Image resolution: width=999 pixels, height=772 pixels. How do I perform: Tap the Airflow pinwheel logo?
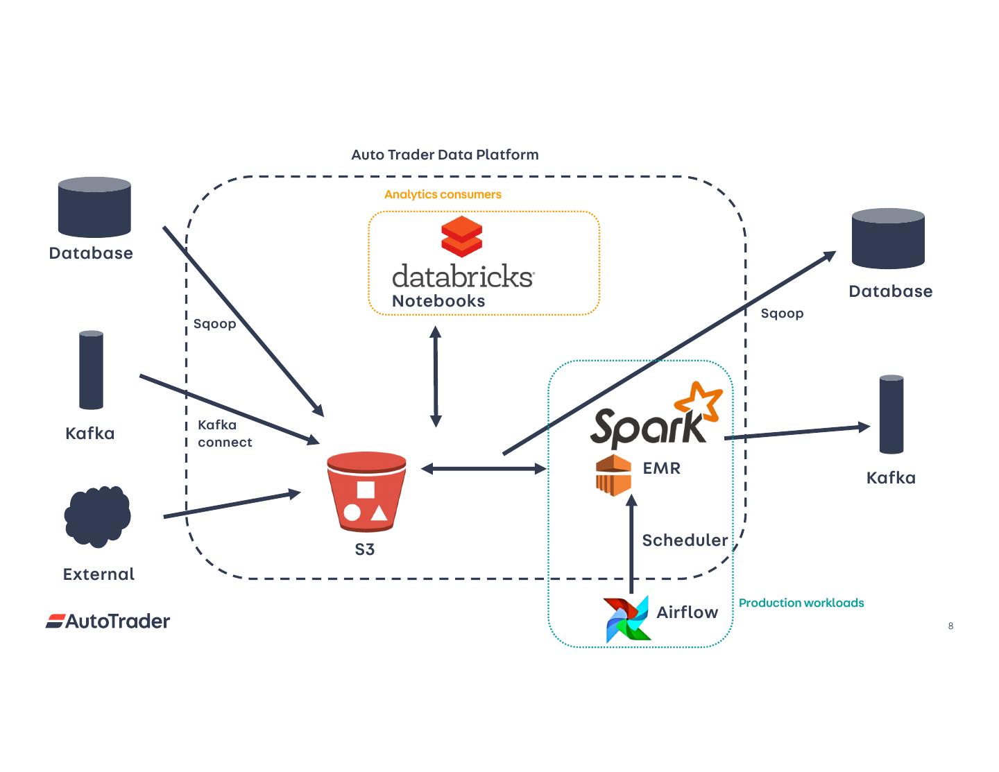[627, 619]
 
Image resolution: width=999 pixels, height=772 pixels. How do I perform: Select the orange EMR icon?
[613, 475]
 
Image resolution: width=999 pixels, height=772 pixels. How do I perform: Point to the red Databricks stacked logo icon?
[461, 236]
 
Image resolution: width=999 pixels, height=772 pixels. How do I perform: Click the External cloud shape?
[97, 516]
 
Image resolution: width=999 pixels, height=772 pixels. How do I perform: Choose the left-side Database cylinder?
[94, 207]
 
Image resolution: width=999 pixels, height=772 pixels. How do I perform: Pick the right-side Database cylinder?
[888, 238]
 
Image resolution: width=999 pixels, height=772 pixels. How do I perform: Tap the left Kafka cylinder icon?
[91, 370]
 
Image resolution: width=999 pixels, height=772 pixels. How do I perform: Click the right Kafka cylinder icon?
[891, 414]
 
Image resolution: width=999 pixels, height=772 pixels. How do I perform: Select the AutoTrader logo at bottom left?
[108, 621]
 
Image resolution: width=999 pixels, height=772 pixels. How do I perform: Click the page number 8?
[950, 626]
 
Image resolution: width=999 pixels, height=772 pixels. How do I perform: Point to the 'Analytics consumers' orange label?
[443, 194]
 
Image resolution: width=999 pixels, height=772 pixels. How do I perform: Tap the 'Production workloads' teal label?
[801, 603]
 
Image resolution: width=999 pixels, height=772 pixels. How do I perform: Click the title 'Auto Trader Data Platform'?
[445, 155]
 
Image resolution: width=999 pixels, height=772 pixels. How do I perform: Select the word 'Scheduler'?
[685, 540]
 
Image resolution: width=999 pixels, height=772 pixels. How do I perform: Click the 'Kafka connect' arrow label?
[224, 434]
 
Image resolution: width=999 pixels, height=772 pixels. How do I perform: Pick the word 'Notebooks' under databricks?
[438, 301]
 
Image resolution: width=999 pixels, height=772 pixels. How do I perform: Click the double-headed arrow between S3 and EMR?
[484, 469]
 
